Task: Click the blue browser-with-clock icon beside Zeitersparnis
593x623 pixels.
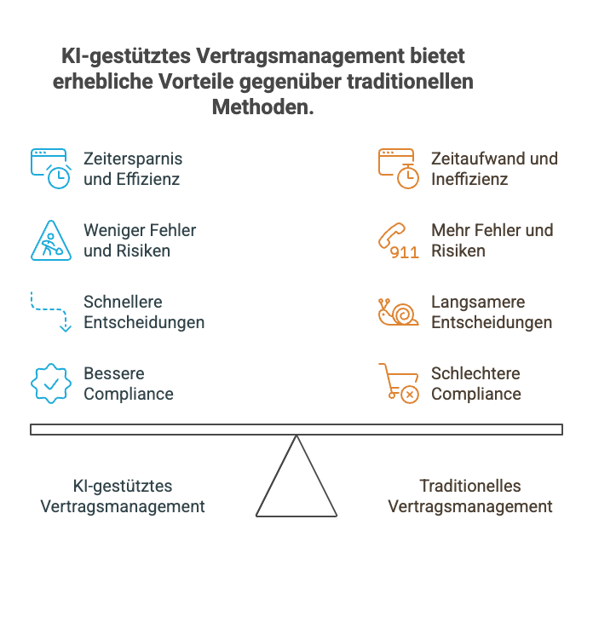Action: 50,168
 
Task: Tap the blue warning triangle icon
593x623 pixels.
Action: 51,240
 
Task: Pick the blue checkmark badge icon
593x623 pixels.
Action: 51,384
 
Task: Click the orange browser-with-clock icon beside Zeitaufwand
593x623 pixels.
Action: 399,168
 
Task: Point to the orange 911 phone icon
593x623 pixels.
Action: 399,240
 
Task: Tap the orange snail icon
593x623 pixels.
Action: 399,312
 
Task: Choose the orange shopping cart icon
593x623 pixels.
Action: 399,384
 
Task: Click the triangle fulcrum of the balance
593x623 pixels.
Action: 296,482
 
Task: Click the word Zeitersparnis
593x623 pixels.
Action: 133,159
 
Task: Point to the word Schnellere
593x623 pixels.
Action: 123,302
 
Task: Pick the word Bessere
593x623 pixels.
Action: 113,373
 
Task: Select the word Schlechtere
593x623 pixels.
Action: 475,373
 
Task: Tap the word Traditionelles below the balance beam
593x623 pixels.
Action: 470,486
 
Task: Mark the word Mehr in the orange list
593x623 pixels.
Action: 449,230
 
